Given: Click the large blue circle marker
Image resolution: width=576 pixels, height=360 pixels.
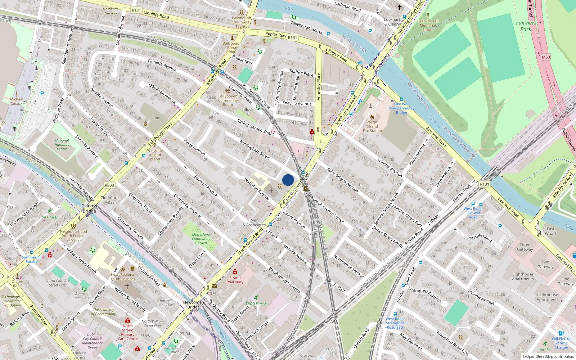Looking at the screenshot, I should point(288,180).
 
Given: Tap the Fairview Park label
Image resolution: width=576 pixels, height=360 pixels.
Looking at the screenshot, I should point(526,26).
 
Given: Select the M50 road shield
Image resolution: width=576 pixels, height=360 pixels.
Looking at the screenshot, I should point(546,57).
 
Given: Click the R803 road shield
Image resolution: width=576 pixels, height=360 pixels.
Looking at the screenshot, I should point(109,185).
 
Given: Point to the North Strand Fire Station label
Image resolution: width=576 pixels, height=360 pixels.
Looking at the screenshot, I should point(372,126).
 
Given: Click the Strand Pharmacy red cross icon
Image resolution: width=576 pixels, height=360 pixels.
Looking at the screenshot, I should point(235,272).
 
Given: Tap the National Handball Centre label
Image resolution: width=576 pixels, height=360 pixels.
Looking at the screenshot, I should point(62,145).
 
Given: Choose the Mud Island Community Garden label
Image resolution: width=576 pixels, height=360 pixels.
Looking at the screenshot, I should point(201,239).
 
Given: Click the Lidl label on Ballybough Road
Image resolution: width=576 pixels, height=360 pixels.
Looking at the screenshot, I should point(156,118).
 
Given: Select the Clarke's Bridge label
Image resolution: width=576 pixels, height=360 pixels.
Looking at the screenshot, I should point(89,208).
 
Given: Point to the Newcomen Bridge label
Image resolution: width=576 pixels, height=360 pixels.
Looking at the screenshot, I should point(193,305).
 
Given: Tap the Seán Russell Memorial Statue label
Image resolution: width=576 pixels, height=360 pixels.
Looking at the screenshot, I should point(428,25).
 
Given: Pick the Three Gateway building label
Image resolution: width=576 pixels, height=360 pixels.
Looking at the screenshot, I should point(525,247).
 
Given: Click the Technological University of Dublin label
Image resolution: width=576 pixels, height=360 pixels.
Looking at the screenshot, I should point(13,301).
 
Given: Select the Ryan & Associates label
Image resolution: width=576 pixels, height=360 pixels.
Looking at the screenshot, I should point(254,222).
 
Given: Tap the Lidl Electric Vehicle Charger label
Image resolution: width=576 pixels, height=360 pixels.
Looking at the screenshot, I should point(561,343).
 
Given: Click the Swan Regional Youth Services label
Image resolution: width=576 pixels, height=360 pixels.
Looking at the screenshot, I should point(123,276).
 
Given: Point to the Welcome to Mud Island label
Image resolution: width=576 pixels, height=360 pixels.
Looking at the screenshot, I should point(155,155).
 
